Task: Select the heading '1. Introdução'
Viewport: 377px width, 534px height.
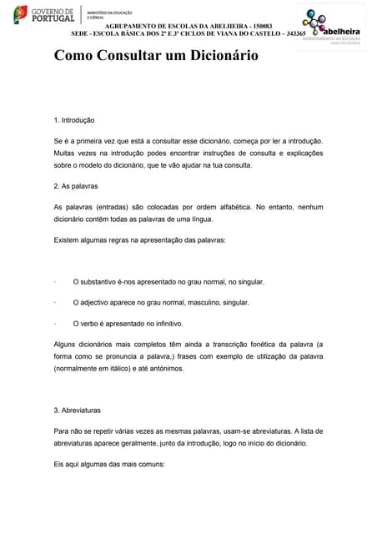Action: click(74, 120)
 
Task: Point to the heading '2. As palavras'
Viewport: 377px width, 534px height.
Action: click(76, 186)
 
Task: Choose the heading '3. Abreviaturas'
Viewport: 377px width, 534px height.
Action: click(78, 411)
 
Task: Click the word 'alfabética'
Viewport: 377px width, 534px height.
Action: click(229, 206)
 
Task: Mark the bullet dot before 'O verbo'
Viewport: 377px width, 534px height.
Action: click(54, 323)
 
